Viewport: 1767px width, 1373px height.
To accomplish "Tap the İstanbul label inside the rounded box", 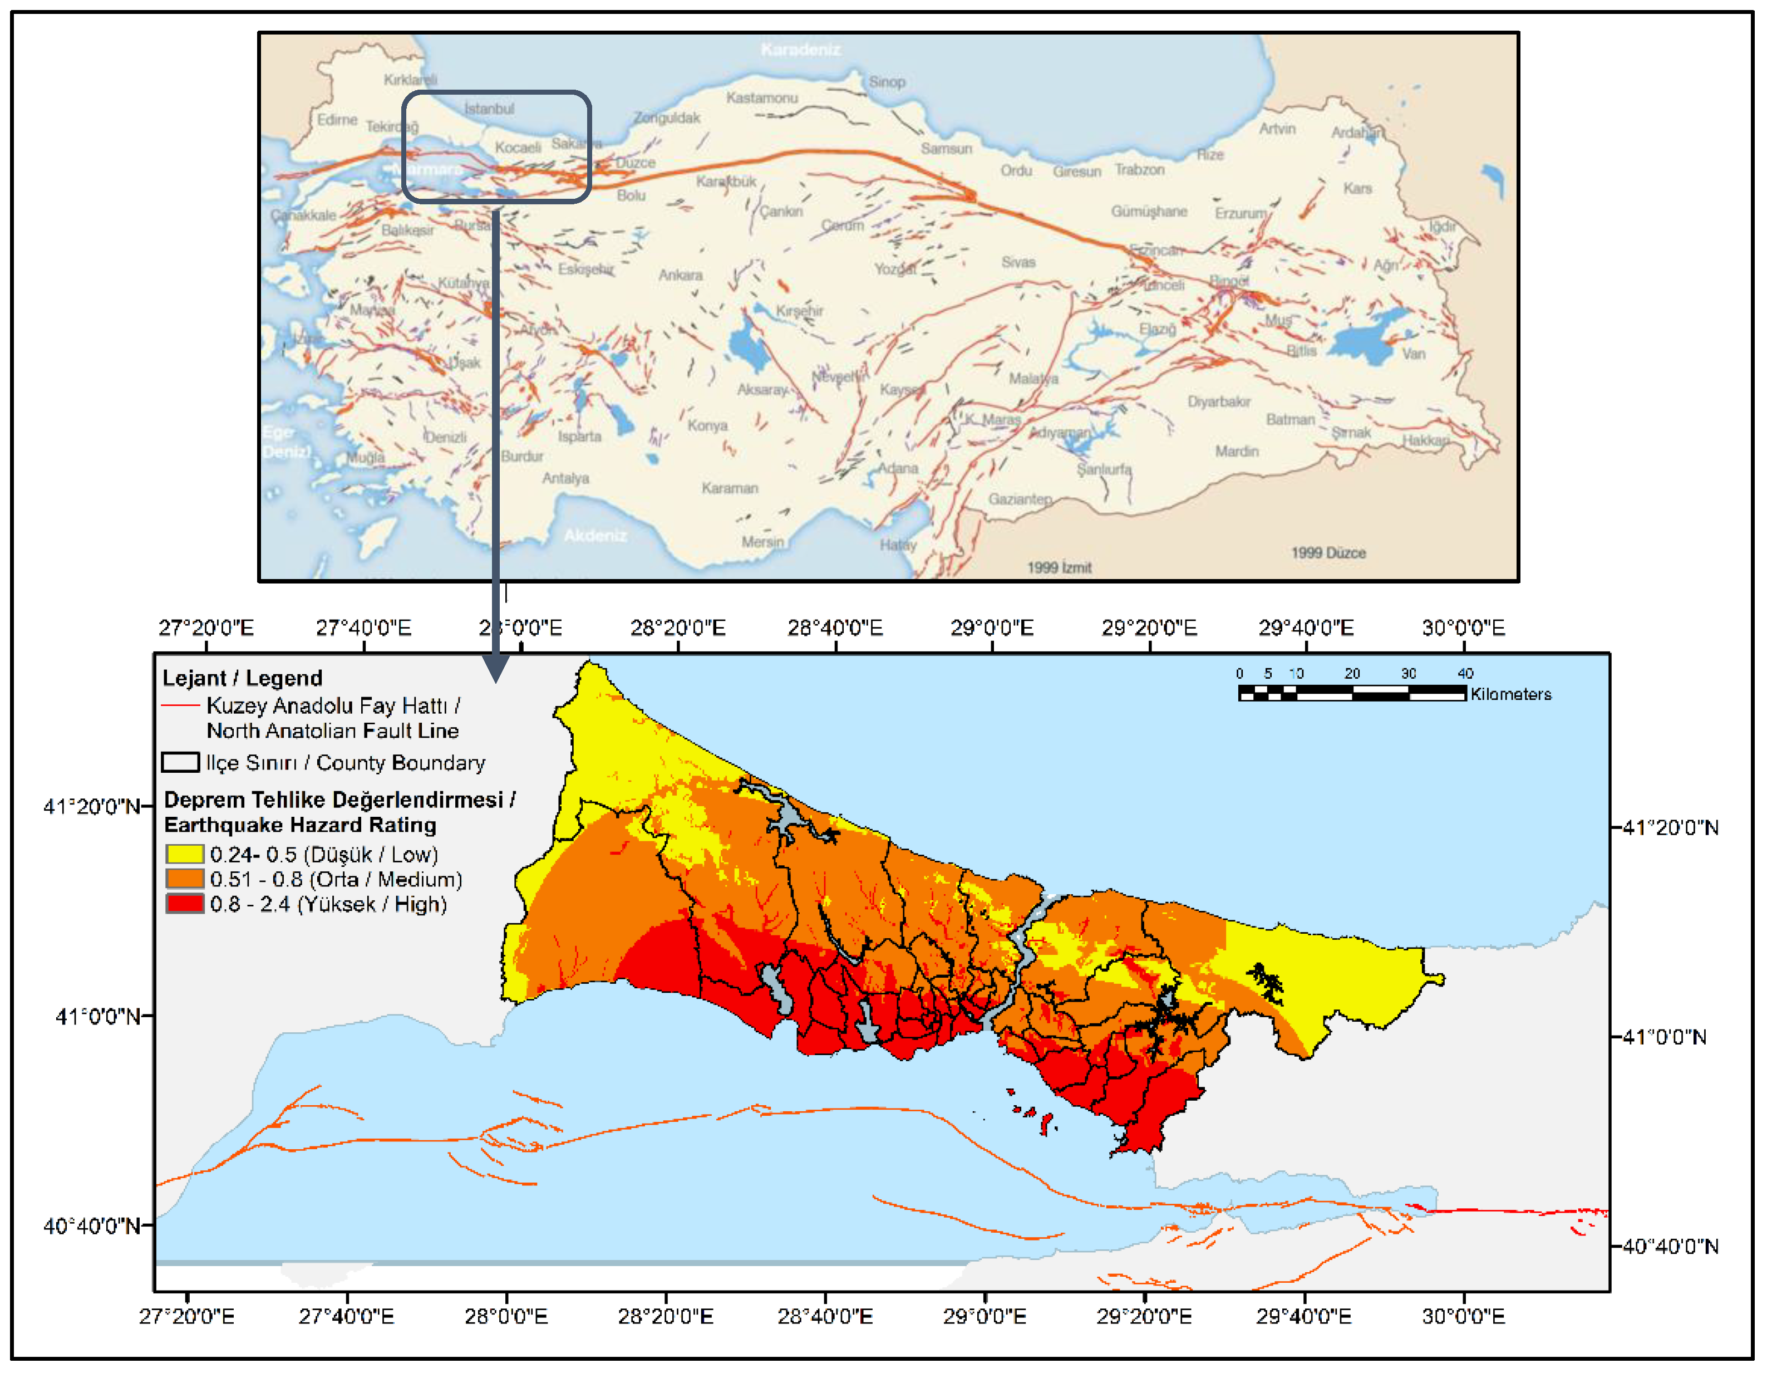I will [489, 109].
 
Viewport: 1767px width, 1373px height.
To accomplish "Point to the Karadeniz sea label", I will [800, 50].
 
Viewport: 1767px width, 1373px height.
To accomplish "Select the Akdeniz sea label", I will [595, 535].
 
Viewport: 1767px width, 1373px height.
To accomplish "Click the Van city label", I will [1414, 354].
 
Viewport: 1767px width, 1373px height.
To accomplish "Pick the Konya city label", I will [707, 425].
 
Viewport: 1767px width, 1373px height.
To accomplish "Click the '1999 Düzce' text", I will [1328, 553].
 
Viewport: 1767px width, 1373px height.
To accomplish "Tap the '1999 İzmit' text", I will [1059, 567].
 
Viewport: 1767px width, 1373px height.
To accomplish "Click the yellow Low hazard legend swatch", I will [184, 854].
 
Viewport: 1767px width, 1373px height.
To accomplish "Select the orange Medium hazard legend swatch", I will [184, 879].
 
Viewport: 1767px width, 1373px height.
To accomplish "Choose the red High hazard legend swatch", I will [184, 904].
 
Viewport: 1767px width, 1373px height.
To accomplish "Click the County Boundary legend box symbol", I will [180, 763].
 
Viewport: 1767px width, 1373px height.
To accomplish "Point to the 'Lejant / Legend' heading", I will [242, 678].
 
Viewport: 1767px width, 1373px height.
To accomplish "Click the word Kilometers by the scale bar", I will [1510, 694].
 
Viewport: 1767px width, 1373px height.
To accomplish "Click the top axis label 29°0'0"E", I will [991, 627].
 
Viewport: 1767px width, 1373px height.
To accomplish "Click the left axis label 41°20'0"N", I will [91, 806].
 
